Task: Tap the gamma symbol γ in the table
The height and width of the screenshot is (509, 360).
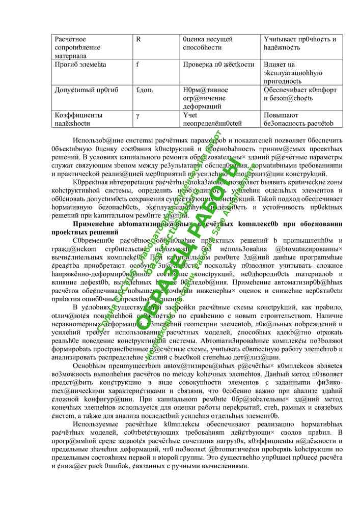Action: [x=137, y=115]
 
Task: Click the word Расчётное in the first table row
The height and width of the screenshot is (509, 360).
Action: [x=70, y=39]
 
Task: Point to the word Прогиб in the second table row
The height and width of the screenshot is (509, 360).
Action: [x=66, y=65]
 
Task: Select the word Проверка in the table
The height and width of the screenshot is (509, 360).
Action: [x=197, y=65]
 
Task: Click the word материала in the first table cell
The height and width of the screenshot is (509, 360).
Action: [x=70, y=55]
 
